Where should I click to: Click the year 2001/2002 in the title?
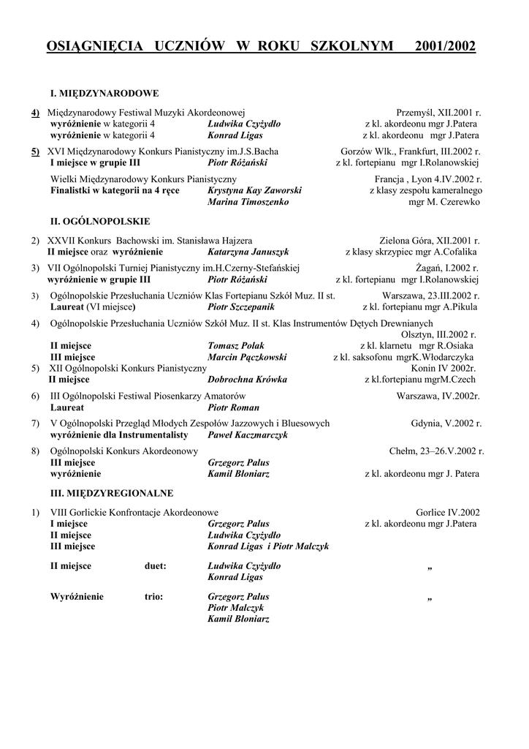pyautogui.click(x=444, y=47)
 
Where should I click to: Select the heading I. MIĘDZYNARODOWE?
pyautogui.click(x=104, y=94)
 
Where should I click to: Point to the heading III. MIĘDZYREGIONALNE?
pyautogui.click(x=111, y=493)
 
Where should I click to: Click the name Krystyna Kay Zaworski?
pyautogui.click(x=255, y=190)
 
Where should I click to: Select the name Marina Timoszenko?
pyautogui.click(x=248, y=202)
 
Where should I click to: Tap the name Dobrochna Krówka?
pyautogui.click(x=248, y=380)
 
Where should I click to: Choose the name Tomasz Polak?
pyautogui.click(x=236, y=345)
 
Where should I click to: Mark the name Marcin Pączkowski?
pyautogui.click(x=248, y=357)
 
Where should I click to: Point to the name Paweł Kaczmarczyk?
pyautogui.click(x=248, y=435)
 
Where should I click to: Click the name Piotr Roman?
pyautogui.click(x=234, y=407)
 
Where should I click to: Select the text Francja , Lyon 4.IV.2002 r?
pyautogui.click(x=427, y=179)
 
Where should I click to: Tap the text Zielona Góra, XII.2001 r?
pyautogui.click(x=430, y=240)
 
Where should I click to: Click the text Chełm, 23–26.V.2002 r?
pyautogui.click(x=436, y=451)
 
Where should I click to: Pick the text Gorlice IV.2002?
pyautogui.click(x=448, y=512)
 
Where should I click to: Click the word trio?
pyautogui.click(x=153, y=596)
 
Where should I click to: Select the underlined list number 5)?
pyautogui.click(x=35, y=152)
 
